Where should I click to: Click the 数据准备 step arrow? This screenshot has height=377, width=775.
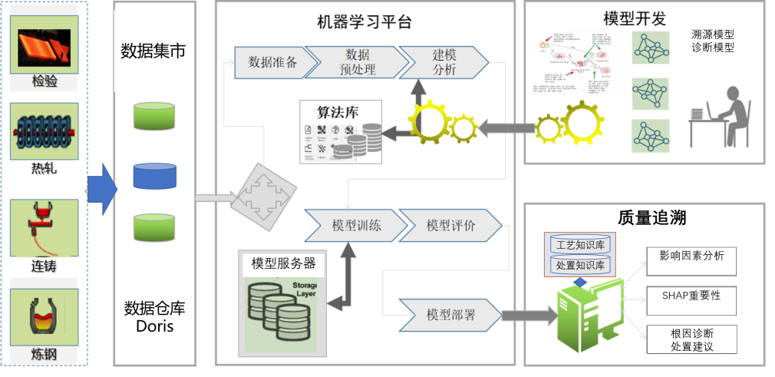pos(270,62)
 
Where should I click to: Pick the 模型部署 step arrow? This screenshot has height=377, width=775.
pos(450,315)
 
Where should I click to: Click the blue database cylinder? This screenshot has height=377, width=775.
pos(154,176)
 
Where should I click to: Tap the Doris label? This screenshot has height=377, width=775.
pos(154,326)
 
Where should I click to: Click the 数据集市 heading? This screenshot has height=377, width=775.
pos(153,51)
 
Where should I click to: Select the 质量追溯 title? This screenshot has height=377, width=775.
pos(640,218)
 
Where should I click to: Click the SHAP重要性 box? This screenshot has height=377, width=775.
pos(691,296)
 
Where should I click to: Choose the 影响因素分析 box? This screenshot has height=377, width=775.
pos(691,260)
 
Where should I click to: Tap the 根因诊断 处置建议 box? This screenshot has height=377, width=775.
pos(691,339)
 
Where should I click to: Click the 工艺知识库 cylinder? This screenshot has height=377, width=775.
pos(580,245)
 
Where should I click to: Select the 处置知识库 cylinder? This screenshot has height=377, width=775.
pos(580,266)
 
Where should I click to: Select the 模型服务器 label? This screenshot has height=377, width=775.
pos(283,263)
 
